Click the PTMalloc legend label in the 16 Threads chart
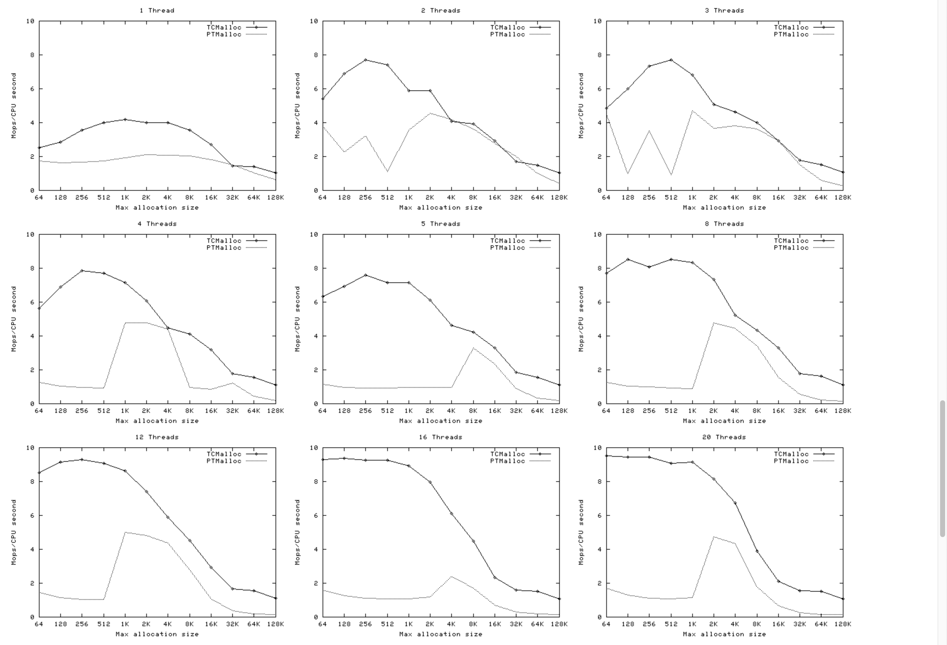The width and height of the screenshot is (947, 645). click(507, 461)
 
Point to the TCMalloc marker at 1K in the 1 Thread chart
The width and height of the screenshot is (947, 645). click(125, 120)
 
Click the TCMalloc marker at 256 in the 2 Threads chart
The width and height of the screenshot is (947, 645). click(366, 60)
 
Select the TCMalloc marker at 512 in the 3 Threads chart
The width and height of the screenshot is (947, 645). click(671, 60)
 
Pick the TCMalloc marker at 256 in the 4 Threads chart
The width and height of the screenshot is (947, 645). click(82, 270)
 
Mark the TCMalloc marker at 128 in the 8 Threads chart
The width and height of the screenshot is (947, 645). click(628, 259)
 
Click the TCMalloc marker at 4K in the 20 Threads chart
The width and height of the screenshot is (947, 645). click(735, 503)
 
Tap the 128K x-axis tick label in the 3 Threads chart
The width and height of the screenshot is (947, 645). click(843, 198)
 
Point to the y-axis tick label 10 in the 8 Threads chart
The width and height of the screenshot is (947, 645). click(597, 234)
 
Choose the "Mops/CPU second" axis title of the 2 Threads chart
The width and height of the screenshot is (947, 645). click(297, 105)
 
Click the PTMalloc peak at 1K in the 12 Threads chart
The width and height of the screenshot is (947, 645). click(125, 532)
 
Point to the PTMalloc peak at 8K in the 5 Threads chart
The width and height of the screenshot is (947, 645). click(473, 348)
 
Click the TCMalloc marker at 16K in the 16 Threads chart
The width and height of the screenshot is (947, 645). click(495, 577)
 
